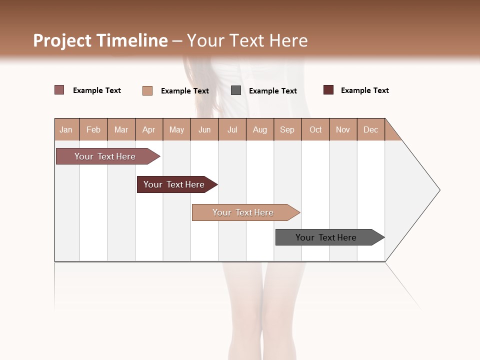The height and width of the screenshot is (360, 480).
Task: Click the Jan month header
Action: [66, 129]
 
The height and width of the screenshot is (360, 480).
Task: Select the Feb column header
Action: [93, 129]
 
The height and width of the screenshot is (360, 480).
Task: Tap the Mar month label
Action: [121, 129]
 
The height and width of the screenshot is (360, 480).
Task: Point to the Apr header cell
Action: [148, 129]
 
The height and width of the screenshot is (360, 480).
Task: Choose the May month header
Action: [176, 129]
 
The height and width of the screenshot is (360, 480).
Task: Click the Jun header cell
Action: [204, 129]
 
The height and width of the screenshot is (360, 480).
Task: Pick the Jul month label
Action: [232, 129]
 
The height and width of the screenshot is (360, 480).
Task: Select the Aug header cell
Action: [260, 129]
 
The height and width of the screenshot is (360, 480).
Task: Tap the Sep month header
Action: [287, 129]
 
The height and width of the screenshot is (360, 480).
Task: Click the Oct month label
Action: [315, 129]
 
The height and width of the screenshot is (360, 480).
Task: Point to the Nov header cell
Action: [343, 129]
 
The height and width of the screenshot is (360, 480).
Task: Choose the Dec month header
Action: [370, 129]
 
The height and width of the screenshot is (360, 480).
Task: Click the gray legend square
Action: [236, 90]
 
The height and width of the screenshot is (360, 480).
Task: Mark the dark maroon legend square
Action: [328, 90]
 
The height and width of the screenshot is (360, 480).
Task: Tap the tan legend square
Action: [147, 90]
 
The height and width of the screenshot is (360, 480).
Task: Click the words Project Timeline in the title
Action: [100, 40]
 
